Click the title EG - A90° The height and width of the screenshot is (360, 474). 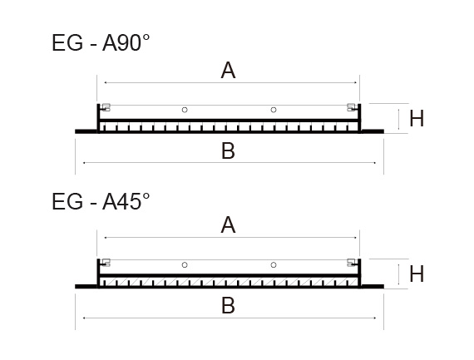pyautogui.click(x=101, y=43)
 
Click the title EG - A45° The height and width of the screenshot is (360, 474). pyautogui.click(x=101, y=201)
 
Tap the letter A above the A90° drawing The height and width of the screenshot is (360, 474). pyautogui.click(x=228, y=71)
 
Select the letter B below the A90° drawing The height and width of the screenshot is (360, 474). pyautogui.click(x=228, y=150)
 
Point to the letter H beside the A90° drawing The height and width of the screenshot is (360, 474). pyautogui.click(x=417, y=118)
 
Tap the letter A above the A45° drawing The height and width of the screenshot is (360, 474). pyautogui.click(x=228, y=224)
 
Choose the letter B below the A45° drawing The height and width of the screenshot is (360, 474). pyautogui.click(x=228, y=306)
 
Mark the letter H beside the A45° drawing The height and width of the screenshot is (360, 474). pyautogui.click(x=417, y=274)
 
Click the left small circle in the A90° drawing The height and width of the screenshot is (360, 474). pyautogui.click(x=185, y=110)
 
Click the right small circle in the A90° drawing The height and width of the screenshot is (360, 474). pyautogui.click(x=274, y=110)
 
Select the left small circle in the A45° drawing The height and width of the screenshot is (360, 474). pyautogui.click(x=185, y=265)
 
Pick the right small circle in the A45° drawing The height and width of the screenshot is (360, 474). pyautogui.click(x=274, y=265)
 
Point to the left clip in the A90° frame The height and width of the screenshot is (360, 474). pyautogui.click(x=106, y=107)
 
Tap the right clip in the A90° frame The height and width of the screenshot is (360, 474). pyautogui.click(x=352, y=107)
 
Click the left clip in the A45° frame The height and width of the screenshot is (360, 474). pyautogui.click(x=106, y=263)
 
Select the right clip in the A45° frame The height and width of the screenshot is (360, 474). pyautogui.click(x=352, y=263)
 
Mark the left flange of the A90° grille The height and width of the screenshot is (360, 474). pyautogui.click(x=86, y=131)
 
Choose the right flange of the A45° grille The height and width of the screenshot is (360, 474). pyautogui.click(x=373, y=287)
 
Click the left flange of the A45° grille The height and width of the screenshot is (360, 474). pyautogui.click(x=86, y=287)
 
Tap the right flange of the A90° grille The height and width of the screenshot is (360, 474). pyautogui.click(x=373, y=131)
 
